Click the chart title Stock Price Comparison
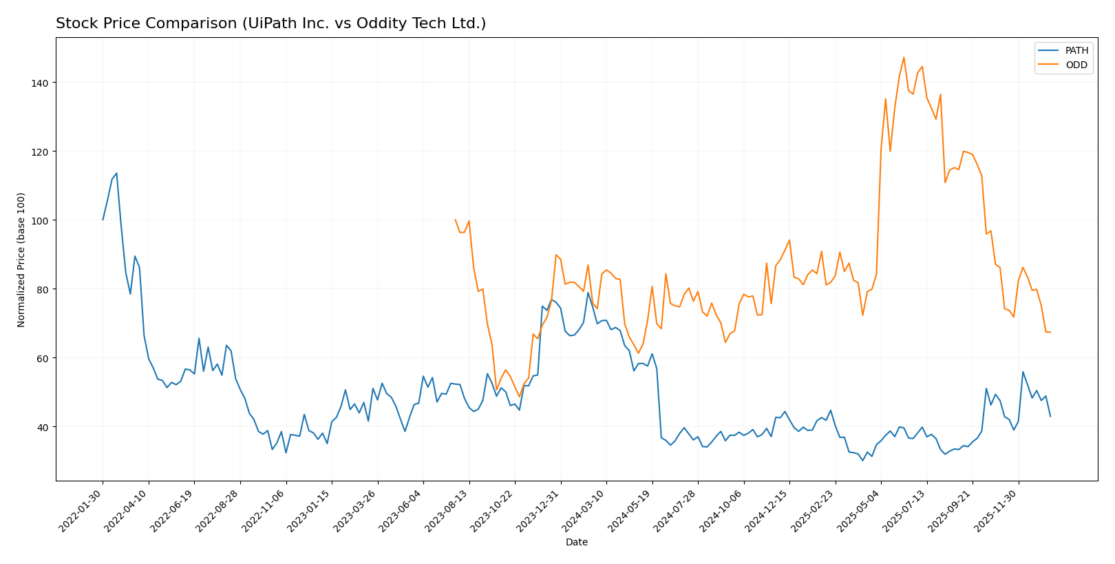[x=270, y=23]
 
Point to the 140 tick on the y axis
[x=42, y=83]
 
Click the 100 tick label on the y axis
[x=42, y=220]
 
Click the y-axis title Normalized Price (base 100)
[x=21, y=260]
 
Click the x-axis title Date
[x=576, y=542]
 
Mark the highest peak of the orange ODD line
[x=904, y=57]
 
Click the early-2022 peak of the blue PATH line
[x=116, y=173]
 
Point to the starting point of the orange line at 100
[x=455, y=220]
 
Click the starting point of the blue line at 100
[x=103, y=220]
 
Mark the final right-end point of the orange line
[x=1050, y=332]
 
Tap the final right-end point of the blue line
[x=1050, y=416]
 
